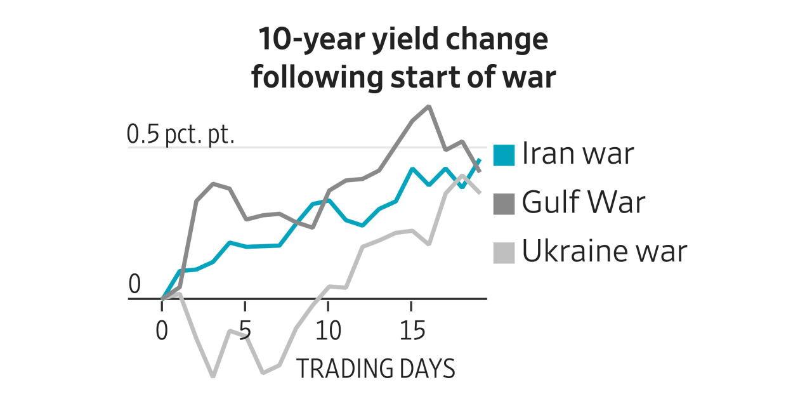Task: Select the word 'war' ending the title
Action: pos(528,77)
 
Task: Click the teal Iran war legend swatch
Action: pos(504,155)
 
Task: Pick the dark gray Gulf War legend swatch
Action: pos(504,203)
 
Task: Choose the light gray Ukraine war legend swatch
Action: pos(504,252)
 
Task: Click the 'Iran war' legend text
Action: pos(578,154)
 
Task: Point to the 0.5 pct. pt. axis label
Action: pos(181,134)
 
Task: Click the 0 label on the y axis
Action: pos(134,285)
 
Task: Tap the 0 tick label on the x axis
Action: pos(162,331)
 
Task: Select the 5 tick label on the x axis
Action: pos(245,331)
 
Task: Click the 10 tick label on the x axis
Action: pos(328,331)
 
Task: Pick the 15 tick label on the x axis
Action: pos(411,331)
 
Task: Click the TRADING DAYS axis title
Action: pos(376,369)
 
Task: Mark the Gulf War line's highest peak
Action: pos(429,106)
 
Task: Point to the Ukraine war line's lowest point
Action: pos(213,376)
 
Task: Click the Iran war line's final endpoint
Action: pos(480,160)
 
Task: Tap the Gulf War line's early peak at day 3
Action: pos(213,184)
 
